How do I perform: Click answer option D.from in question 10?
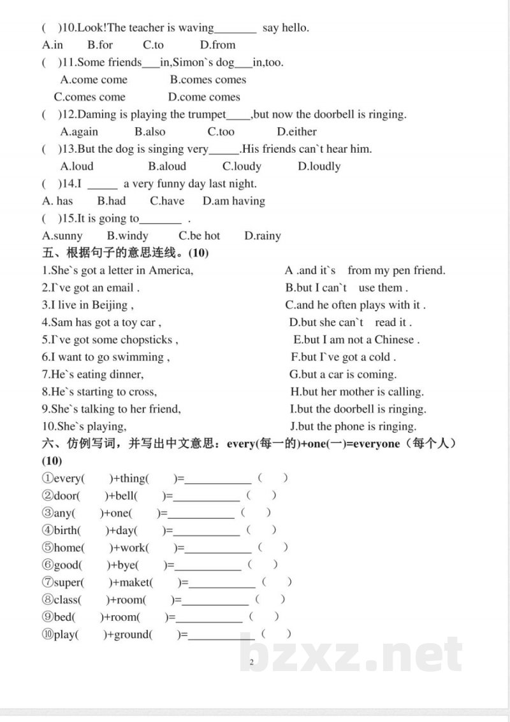[217, 45]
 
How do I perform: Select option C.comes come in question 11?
[90, 97]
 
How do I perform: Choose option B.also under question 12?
[150, 132]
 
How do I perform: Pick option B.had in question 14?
[112, 201]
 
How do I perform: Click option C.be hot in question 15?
[199, 236]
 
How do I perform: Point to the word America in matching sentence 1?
[169, 270]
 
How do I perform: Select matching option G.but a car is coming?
[343, 374]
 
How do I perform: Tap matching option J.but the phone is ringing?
[353, 427]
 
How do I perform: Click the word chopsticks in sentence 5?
[147, 339]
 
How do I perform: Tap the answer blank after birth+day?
[207, 530]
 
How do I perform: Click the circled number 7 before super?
[47, 582]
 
